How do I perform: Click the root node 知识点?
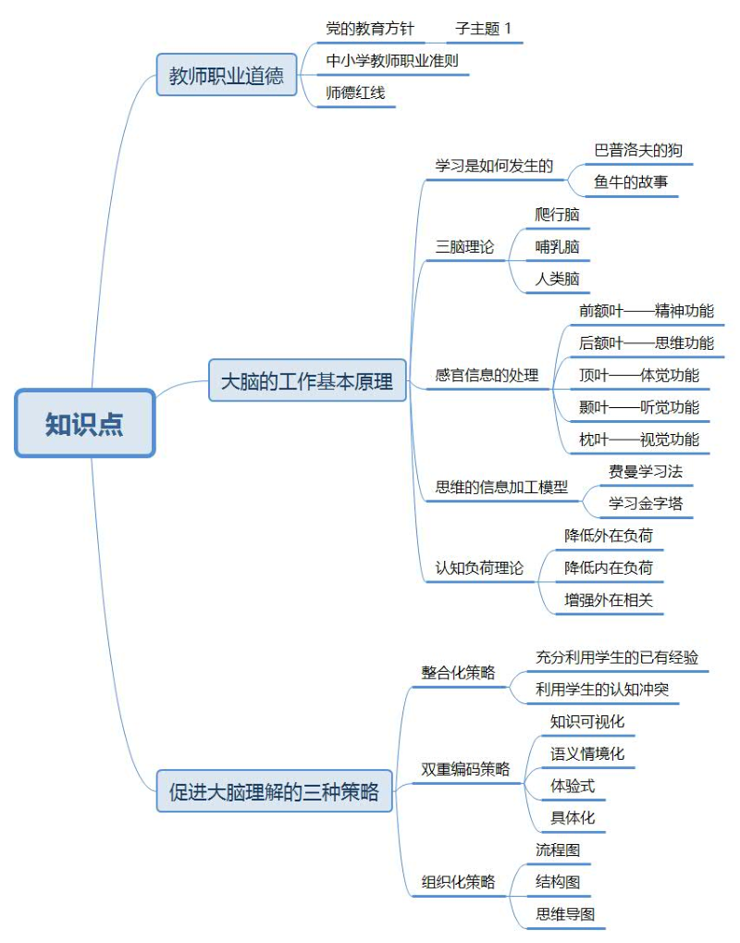(85, 424)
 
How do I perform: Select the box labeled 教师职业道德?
(227, 75)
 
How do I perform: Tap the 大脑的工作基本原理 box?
(307, 380)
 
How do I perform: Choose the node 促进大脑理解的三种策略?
(274, 791)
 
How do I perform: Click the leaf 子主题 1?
(484, 29)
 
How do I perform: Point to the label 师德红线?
(355, 93)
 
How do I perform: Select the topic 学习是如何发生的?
(494, 166)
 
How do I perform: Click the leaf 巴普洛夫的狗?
(638, 150)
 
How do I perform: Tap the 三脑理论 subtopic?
(464, 246)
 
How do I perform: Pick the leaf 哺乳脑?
(557, 246)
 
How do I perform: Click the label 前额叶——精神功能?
(647, 311)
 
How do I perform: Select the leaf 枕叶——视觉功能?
(639, 440)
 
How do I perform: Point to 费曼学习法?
(646, 472)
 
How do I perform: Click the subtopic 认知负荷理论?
(479, 567)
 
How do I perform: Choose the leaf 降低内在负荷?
(609, 567)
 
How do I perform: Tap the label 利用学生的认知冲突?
(602, 689)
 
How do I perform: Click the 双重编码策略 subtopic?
(465, 769)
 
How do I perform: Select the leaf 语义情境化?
(587, 753)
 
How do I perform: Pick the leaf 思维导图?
(565, 914)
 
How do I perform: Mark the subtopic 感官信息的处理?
(487, 376)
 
